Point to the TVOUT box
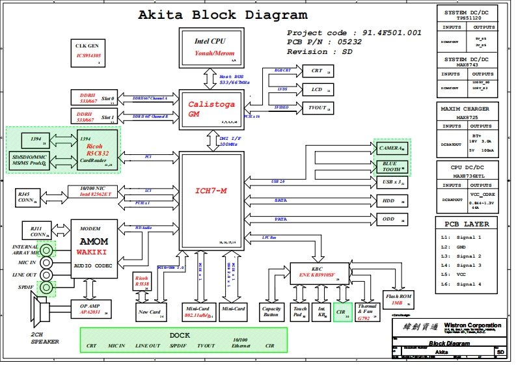tap(319, 107)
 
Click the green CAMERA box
tap(392, 148)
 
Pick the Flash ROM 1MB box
tap(398, 299)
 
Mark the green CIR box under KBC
tap(342, 312)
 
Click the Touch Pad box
tap(300, 312)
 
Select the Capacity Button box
tap(271, 312)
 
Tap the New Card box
tap(151, 312)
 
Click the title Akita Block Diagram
tap(223, 15)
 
